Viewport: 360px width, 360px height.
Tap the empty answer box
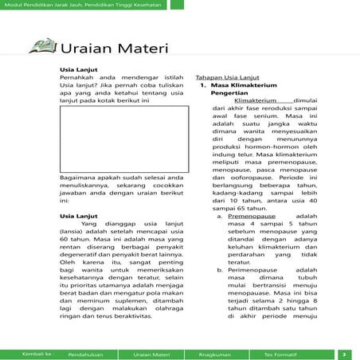pyautogui.click(x=124, y=139)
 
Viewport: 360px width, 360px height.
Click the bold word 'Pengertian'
pyautogui.click(x=230, y=96)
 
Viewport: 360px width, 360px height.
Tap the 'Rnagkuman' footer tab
pyautogui.click(x=214, y=353)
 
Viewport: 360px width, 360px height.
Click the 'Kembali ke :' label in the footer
pyautogui.click(x=37, y=353)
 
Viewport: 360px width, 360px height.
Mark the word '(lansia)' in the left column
pyautogui.click(x=75, y=233)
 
